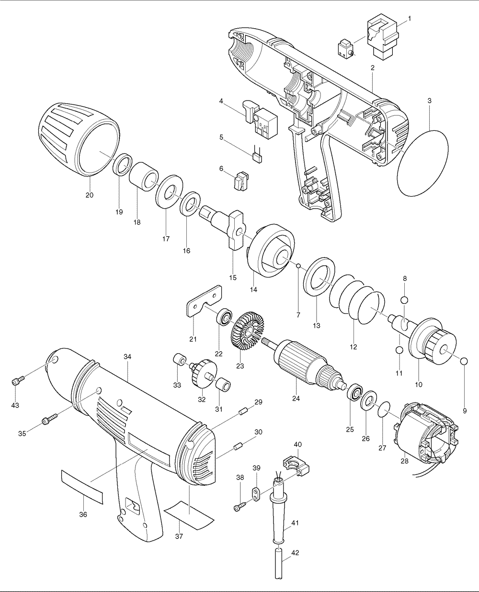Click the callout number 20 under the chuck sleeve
pyautogui.click(x=90, y=195)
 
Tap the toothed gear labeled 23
pyautogui.click(x=248, y=330)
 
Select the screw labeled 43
pyautogui.click(x=17, y=381)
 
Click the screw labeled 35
pyautogui.click(x=49, y=420)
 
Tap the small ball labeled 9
pyautogui.click(x=464, y=360)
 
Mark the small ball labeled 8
pyautogui.click(x=405, y=300)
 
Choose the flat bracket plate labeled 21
pyautogui.click(x=203, y=302)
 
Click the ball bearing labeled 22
pyautogui.click(x=224, y=317)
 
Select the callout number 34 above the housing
pyautogui.click(x=127, y=357)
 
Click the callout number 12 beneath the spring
pyautogui.click(x=354, y=347)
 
